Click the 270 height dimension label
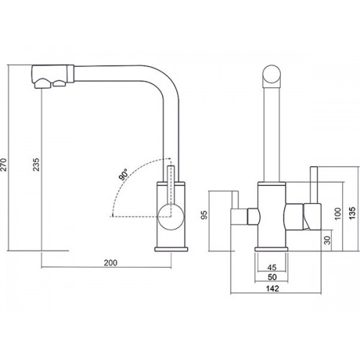(x=4, y=164)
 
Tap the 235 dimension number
(x=36, y=164)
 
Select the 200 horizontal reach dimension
(x=111, y=263)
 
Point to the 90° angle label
(x=124, y=174)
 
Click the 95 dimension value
(x=204, y=215)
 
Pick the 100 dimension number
(x=338, y=214)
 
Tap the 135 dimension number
(x=352, y=213)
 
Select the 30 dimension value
(x=328, y=240)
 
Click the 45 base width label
(x=271, y=267)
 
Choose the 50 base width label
(x=272, y=277)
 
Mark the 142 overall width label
(x=272, y=288)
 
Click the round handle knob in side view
(x=171, y=217)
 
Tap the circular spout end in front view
(x=271, y=74)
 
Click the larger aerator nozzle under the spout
(x=43, y=84)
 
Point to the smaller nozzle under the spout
(x=59, y=84)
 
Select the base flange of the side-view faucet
(x=171, y=249)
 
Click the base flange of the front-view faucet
(x=271, y=249)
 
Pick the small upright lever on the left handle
(x=235, y=200)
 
